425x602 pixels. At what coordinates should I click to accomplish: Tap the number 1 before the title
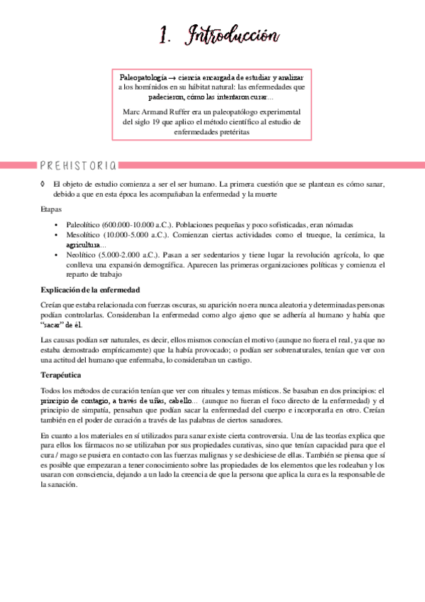165,35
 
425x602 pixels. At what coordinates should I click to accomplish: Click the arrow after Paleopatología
172,75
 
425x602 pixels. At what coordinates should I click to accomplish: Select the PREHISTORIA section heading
79,165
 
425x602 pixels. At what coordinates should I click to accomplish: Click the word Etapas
51,209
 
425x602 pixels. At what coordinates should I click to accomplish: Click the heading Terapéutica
61,374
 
